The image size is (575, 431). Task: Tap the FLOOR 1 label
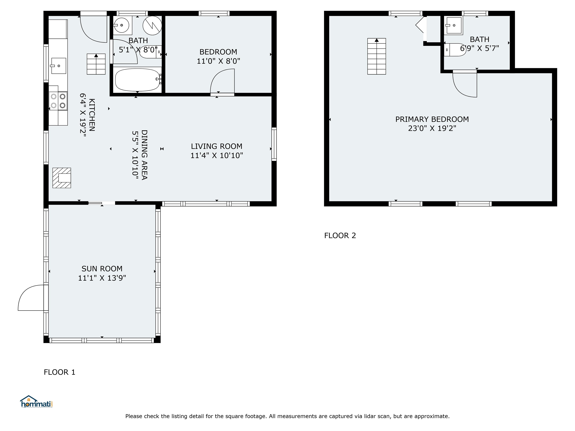[x=60, y=372]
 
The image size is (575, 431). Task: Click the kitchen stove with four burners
[x=58, y=101]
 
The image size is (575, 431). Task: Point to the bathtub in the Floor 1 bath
[x=137, y=80]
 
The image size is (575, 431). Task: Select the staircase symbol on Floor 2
[x=376, y=56]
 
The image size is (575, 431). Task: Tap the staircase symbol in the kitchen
[x=96, y=64]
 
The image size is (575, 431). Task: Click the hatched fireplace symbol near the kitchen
[x=62, y=178]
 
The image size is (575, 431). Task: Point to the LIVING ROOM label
[x=217, y=146]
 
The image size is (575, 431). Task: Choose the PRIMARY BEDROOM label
[x=432, y=119]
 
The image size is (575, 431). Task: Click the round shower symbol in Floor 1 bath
[x=152, y=25]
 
